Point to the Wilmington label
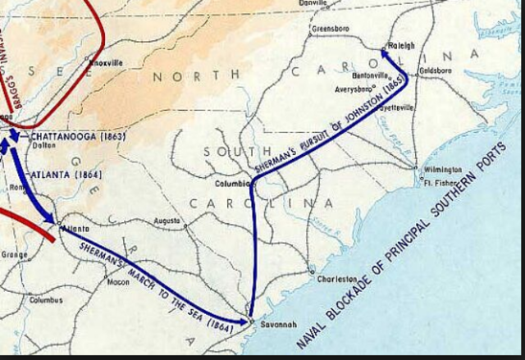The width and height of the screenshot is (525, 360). pyautogui.click(x=442, y=171)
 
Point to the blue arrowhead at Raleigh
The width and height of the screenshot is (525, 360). pyautogui.click(x=383, y=53)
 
